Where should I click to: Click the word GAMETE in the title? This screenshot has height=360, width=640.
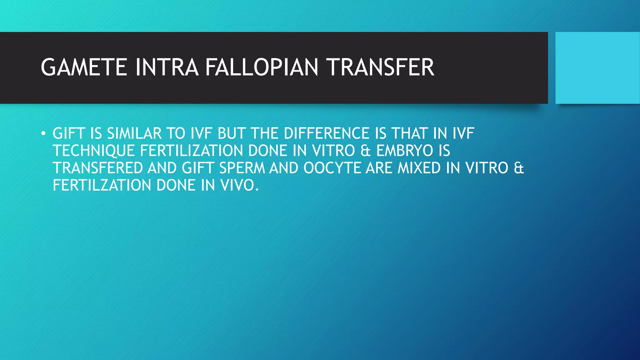(x=84, y=67)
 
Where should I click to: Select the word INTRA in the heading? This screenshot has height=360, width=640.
(x=167, y=67)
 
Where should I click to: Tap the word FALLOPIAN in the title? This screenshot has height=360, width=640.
(x=262, y=67)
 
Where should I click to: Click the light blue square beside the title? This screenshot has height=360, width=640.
(x=597, y=68)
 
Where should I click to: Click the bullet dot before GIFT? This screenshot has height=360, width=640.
(x=43, y=134)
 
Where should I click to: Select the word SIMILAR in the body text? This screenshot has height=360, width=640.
(x=134, y=134)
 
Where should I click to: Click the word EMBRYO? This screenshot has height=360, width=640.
(x=405, y=151)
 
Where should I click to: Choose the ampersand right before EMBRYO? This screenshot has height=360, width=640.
(x=365, y=151)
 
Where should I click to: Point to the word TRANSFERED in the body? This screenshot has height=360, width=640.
(x=98, y=168)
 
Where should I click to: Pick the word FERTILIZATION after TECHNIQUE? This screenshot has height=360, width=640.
(x=192, y=151)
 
